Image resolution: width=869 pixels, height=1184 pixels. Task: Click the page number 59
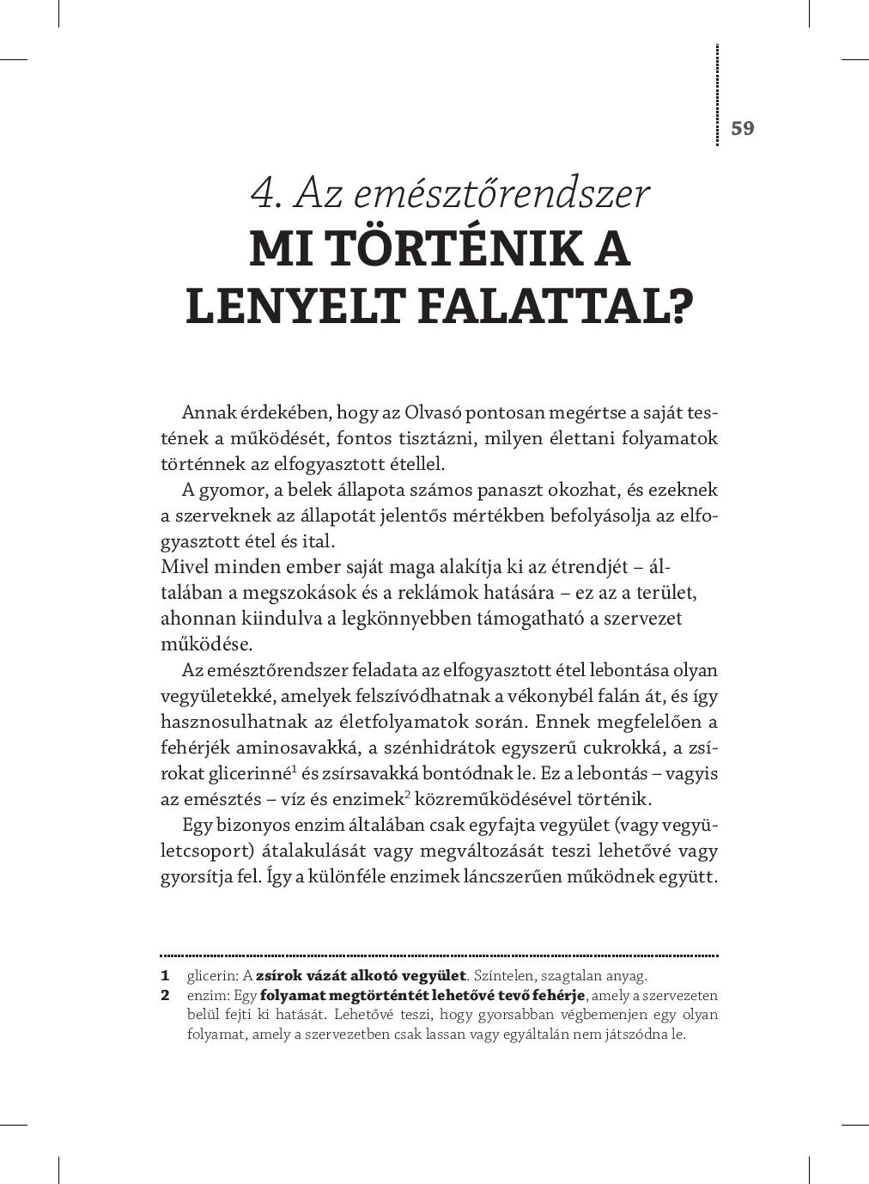[x=742, y=128]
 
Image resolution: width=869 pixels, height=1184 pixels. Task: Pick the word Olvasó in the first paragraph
[x=434, y=412]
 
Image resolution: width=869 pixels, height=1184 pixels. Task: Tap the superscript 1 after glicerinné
[x=294, y=767]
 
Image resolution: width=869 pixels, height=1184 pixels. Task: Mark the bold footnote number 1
[x=164, y=976]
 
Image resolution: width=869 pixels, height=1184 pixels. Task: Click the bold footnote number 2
[x=165, y=996]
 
